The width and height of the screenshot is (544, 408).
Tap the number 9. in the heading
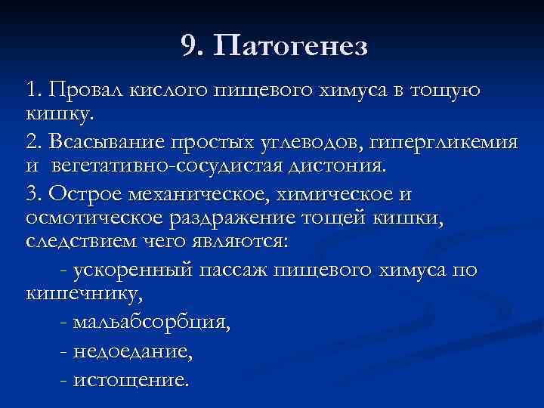tap(193, 48)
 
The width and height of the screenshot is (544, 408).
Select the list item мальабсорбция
tap(152, 323)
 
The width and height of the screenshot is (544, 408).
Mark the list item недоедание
tap(133, 351)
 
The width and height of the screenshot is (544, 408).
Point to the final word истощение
tap(131, 379)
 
